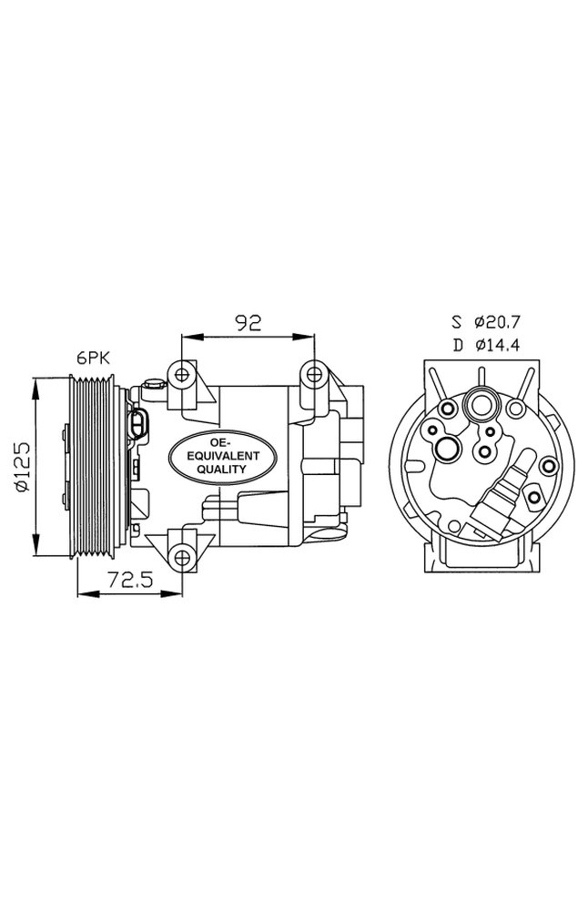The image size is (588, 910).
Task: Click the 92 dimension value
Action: click(x=248, y=321)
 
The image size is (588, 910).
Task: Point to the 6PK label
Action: click(x=93, y=359)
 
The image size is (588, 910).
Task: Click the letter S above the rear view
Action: click(x=456, y=321)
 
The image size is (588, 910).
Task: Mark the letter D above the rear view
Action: click(x=456, y=345)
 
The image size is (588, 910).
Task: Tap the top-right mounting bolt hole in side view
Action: click(x=314, y=372)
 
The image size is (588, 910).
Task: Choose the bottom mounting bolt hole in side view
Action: click(x=182, y=555)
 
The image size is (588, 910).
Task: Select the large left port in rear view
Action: click(x=447, y=448)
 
